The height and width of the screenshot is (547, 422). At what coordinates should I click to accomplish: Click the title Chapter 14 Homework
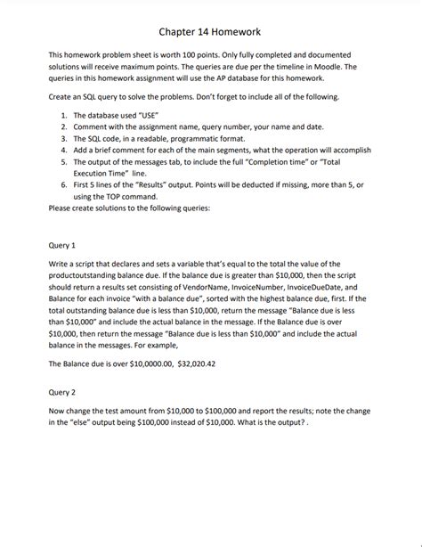click(x=210, y=32)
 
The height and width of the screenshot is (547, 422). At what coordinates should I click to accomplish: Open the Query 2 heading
click(x=62, y=390)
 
